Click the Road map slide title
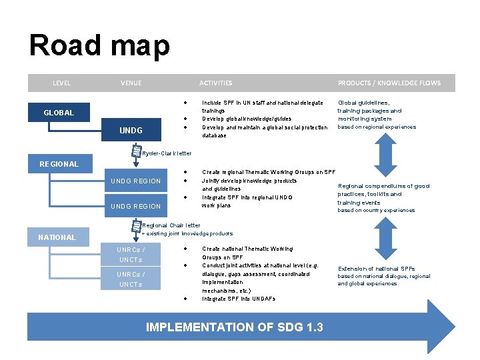click(x=99, y=46)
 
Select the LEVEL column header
click(x=61, y=83)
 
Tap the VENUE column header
click(x=131, y=83)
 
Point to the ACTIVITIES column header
click(x=215, y=83)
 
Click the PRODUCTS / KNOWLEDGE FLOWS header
click(x=389, y=83)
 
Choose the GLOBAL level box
click(x=59, y=113)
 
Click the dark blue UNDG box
click(x=131, y=131)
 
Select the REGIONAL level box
click(x=59, y=164)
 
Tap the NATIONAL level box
click(x=57, y=237)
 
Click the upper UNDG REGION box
click(x=135, y=181)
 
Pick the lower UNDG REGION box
click(x=135, y=206)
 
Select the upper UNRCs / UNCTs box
click(x=131, y=255)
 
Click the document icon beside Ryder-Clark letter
click(x=137, y=153)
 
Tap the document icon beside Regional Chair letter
click(x=137, y=227)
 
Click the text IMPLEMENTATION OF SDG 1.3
click(x=234, y=327)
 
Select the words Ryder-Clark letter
click(x=167, y=153)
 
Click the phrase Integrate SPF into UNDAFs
click(x=238, y=299)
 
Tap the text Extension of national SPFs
click(x=376, y=268)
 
